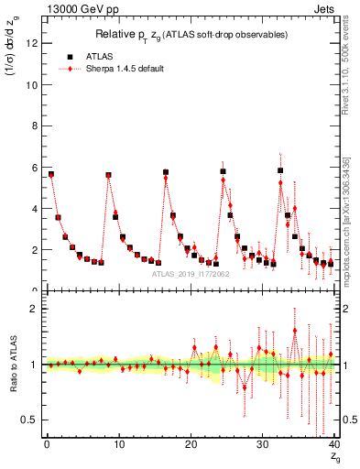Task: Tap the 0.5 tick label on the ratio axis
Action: coord(29,420)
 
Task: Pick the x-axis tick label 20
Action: coord(190,444)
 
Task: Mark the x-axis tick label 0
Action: coord(46,444)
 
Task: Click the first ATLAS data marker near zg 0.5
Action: coord(51,174)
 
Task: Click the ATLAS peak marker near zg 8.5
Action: coord(108,175)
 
